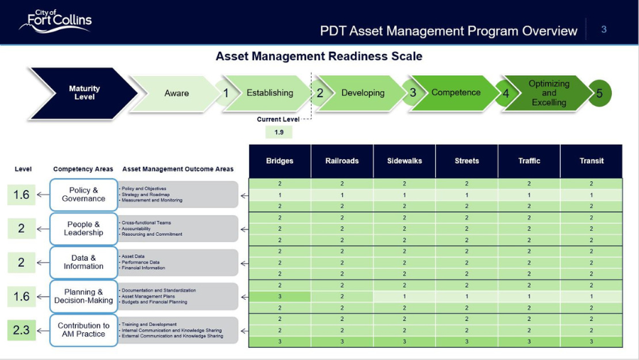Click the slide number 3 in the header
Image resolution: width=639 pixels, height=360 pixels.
click(x=604, y=29)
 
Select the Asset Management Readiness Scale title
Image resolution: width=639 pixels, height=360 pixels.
click(x=319, y=56)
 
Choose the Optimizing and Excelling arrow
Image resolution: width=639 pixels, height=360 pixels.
click(x=549, y=93)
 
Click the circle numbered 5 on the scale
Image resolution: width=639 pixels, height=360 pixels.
click(x=599, y=93)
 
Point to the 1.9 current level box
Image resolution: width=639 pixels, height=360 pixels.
click(x=279, y=132)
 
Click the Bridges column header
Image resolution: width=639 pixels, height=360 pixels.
click(x=280, y=161)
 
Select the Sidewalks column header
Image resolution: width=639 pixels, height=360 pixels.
click(x=404, y=161)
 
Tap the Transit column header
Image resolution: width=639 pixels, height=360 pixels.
click(x=591, y=161)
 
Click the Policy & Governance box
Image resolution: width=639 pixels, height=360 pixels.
click(x=84, y=195)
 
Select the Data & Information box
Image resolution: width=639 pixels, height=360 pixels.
click(x=84, y=262)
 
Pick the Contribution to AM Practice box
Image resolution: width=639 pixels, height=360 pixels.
click(x=84, y=330)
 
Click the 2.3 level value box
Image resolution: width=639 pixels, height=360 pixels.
click(x=21, y=330)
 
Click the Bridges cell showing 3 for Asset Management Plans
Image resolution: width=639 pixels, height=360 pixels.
click(x=280, y=296)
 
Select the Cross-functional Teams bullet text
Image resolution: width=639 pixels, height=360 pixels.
click(x=146, y=223)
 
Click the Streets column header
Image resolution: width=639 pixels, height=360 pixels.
click(x=466, y=161)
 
